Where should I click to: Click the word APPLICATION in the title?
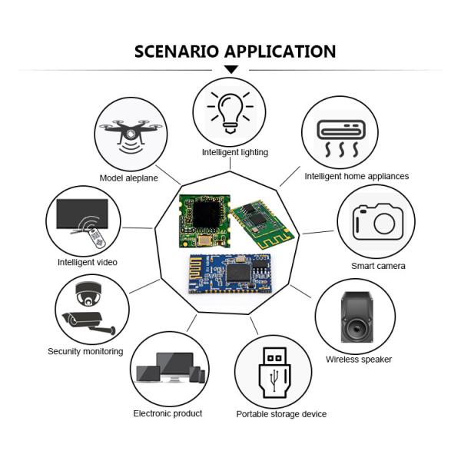click(x=280, y=51)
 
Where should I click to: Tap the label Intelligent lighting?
click(x=235, y=152)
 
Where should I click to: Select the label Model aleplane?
click(x=129, y=178)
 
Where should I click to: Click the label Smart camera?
click(x=378, y=266)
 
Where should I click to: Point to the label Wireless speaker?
click(x=359, y=360)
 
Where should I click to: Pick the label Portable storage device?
click(x=281, y=414)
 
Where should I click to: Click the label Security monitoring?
click(x=85, y=351)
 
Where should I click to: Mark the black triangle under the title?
click(x=230, y=70)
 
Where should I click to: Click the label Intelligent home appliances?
click(x=357, y=176)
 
